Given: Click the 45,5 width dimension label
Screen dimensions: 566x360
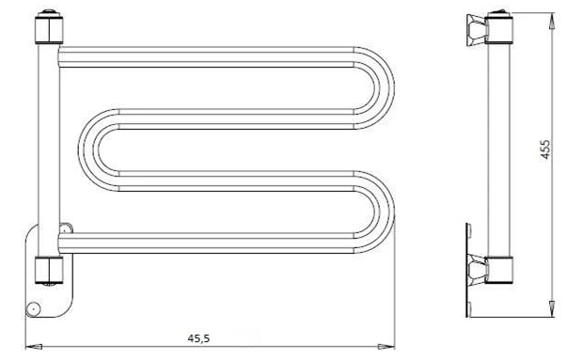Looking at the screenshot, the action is point(198,338).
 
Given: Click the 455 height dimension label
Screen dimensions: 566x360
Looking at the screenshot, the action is point(545,149).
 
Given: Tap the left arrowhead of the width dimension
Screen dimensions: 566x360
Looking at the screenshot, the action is point(34,347).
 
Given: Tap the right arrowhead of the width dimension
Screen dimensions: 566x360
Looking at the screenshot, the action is point(385,347).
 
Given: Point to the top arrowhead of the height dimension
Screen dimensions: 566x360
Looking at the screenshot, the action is point(551,21).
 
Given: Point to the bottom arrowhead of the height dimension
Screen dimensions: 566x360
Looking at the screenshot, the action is point(551,309).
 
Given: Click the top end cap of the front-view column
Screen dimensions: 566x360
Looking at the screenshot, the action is point(49,27).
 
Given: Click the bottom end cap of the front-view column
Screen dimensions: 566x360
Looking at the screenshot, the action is point(49,271).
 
